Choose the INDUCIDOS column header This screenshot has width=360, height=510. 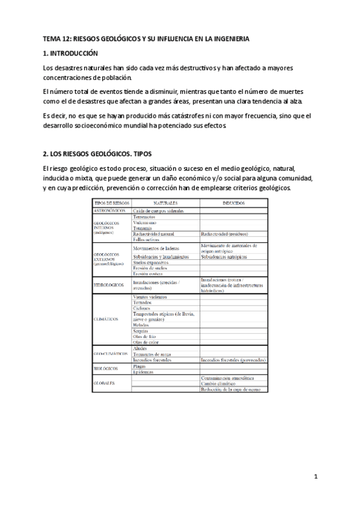(x=233, y=204)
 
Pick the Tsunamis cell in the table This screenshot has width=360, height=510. (x=144, y=229)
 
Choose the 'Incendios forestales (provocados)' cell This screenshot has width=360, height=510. (x=234, y=360)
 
